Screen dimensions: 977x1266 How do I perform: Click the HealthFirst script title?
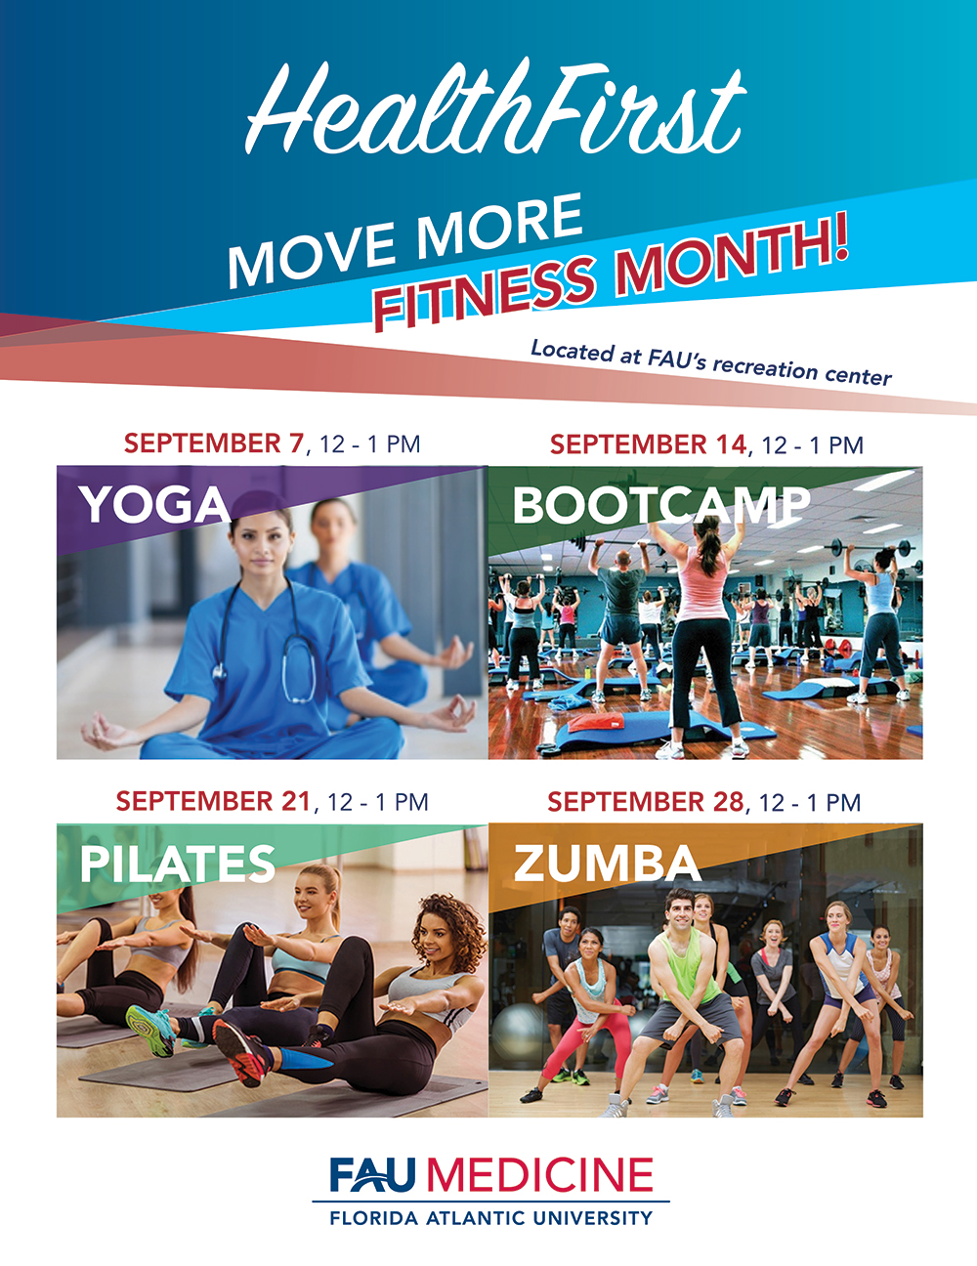[x=495, y=107]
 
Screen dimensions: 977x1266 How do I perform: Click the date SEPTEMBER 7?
[x=214, y=443]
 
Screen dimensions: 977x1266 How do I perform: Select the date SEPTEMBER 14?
[x=648, y=444]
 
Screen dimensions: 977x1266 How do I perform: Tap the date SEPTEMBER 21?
[x=213, y=801]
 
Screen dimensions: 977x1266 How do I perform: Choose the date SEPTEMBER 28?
[x=646, y=802]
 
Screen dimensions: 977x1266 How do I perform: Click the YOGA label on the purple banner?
[x=154, y=504]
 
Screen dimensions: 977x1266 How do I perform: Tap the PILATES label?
[x=178, y=863]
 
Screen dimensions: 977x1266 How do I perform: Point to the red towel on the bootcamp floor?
[x=595, y=723]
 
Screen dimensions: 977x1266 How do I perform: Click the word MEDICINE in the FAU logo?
[x=539, y=1174]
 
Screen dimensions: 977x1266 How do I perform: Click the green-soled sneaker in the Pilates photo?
[x=150, y=1030]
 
